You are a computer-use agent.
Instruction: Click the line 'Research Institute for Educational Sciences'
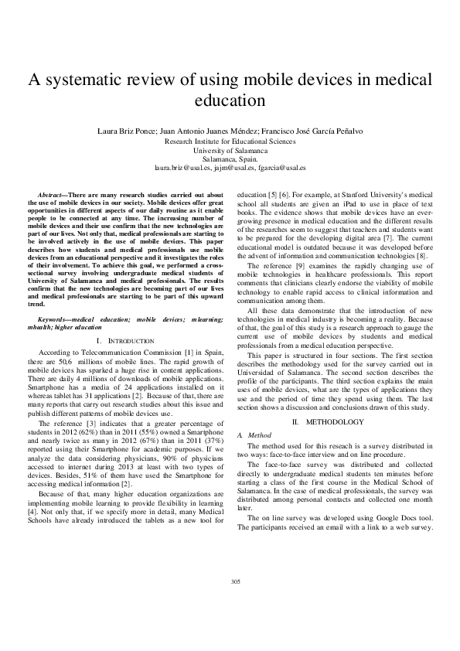[230, 141]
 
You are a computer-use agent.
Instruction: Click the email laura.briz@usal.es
[184, 167]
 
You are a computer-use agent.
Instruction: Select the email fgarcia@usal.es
[281, 167]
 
